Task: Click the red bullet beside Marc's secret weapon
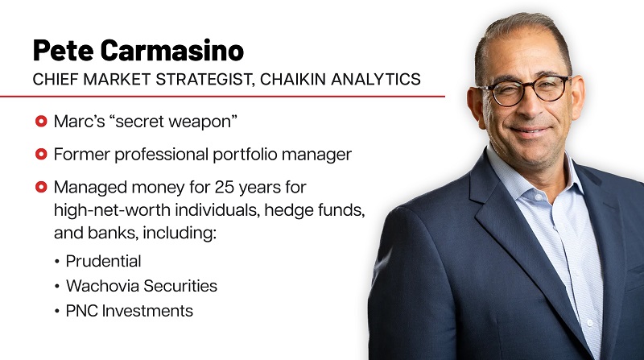click(x=41, y=122)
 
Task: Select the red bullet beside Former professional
click(x=41, y=155)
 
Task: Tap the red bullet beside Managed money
click(x=41, y=188)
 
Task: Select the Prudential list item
click(x=103, y=261)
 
